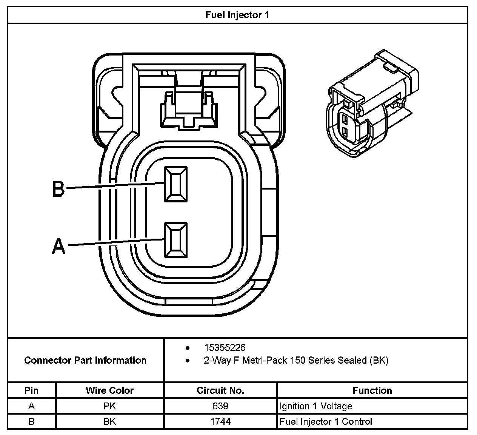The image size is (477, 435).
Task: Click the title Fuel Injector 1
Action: (237, 15)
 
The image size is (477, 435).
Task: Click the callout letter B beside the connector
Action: (58, 188)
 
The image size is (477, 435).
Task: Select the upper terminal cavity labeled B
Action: (175, 184)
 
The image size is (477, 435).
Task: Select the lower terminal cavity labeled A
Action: (175, 240)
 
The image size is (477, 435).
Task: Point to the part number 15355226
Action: (225, 347)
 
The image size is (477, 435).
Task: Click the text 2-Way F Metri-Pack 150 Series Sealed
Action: (296, 360)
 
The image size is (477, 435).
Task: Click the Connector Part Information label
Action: (85, 360)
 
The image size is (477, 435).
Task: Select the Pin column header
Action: (31, 390)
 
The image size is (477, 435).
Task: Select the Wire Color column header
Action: (109, 390)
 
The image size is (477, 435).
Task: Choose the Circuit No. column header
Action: (220, 390)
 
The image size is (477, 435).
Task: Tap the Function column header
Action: (372, 390)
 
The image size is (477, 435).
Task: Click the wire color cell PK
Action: (109, 406)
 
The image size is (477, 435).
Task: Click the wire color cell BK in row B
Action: (109, 421)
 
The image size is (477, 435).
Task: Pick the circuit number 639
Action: (220, 406)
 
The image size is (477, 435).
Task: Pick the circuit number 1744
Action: (220, 421)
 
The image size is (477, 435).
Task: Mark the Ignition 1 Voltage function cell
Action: (316, 406)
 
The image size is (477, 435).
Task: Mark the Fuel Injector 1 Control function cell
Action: (326, 421)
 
